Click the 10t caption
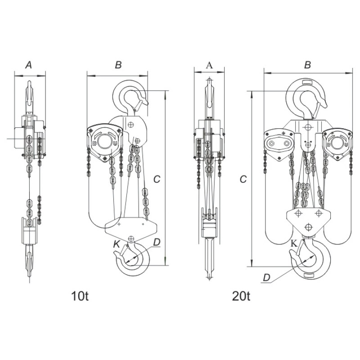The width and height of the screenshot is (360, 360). pyautogui.click(x=80, y=296)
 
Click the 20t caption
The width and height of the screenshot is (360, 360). pyautogui.click(x=241, y=296)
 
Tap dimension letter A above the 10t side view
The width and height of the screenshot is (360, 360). pyautogui.click(x=28, y=65)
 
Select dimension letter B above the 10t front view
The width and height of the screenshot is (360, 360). pyautogui.click(x=118, y=65)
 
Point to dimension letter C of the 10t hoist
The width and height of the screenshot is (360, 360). pyautogui.click(x=157, y=179)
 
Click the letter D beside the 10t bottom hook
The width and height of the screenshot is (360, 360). pyautogui.click(x=157, y=242)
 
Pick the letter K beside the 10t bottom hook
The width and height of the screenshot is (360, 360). pyautogui.click(x=117, y=244)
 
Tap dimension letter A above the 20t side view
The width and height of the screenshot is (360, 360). pyautogui.click(x=209, y=65)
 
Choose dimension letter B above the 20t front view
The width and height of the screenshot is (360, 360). pyautogui.click(x=307, y=65)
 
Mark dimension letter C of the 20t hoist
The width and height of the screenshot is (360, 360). pyautogui.click(x=243, y=179)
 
